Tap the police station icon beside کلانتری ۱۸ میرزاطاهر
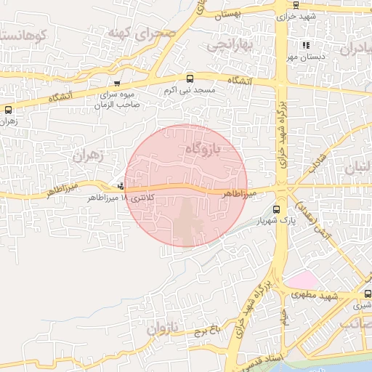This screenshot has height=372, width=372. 121,185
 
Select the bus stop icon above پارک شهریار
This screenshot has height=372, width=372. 275,209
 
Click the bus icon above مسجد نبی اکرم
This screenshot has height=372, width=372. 190,78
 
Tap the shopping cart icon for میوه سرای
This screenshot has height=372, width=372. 118,84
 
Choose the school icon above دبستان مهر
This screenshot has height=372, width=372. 306,45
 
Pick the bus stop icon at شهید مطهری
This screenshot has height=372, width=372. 368,294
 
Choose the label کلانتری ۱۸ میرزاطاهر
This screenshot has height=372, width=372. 92,197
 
